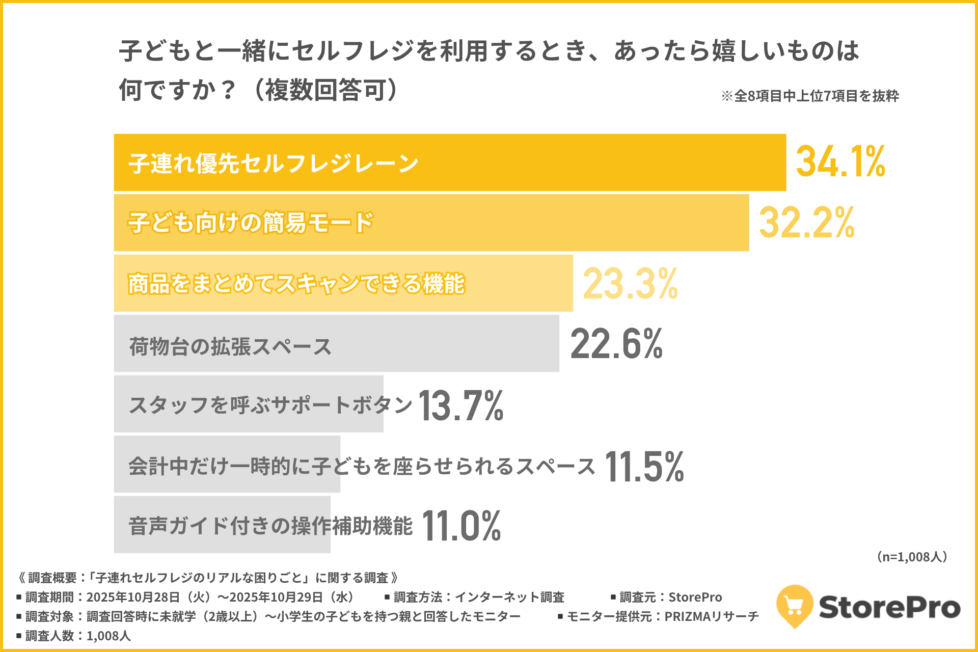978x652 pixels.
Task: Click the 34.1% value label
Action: [x=840, y=162]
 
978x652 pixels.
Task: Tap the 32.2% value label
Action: [x=806, y=223]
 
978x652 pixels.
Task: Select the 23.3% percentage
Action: [x=630, y=284]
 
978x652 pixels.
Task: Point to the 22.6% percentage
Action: [x=616, y=344]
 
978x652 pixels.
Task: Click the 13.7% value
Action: [x=461, y=405]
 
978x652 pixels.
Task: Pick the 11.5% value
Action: [x=644, y=467]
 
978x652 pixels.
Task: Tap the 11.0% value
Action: [x=461, y=526]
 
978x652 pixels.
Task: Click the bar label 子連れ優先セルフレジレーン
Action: [x=274, y=164]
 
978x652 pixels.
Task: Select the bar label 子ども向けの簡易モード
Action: [x=251, y=223]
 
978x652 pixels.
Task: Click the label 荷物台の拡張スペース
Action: [x=230, y=346]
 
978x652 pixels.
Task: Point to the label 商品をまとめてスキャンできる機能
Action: [x=296, y=284]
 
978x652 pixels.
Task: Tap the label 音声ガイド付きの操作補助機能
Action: [x=270, y=526]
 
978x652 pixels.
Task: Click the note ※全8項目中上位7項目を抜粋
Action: [x=810, y=96]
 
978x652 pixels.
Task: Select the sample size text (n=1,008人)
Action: [x=912, y=557]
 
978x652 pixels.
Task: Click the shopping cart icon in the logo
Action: [x=794, y=605]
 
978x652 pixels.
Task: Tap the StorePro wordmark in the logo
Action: [x=889, y=607]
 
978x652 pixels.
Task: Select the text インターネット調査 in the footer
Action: [x=509, y=597]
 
